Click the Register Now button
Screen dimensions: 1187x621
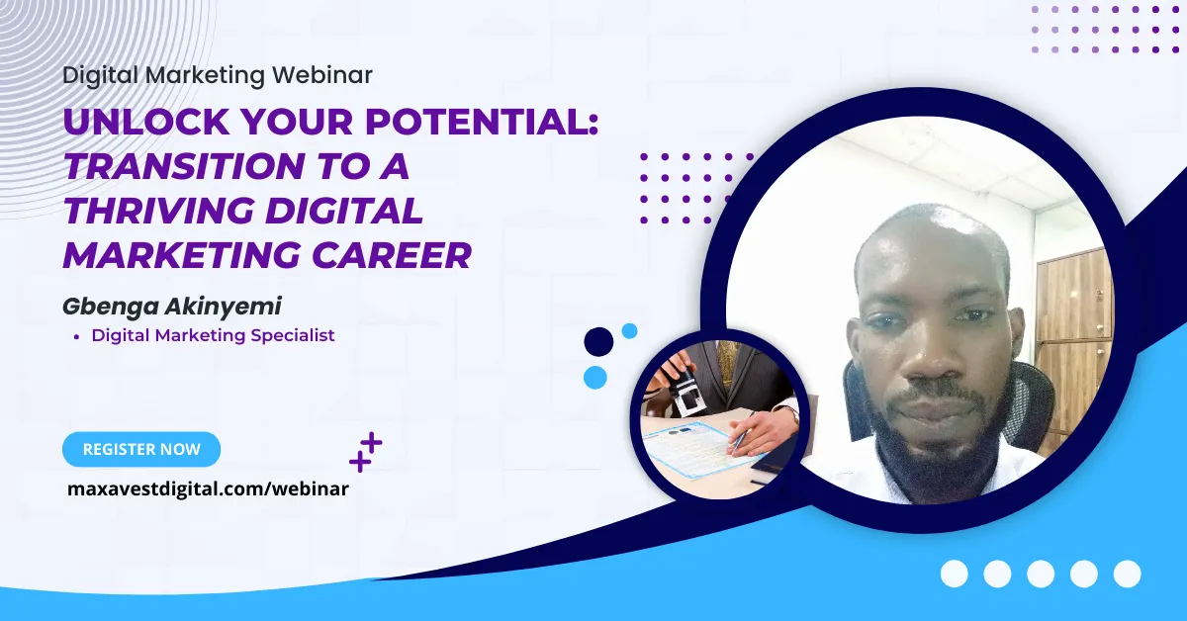click(141, 449)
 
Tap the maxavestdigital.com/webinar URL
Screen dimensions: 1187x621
click(209, 488)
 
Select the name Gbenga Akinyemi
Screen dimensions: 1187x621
click(172, 307)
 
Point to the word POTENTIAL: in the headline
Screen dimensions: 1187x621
click(482, 122)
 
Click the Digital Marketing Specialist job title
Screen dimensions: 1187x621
click(213, 335)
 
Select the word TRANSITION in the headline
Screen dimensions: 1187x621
click(184, 166)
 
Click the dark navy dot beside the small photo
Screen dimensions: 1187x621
click(598, 341)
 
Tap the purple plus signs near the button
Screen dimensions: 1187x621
click(366, 452)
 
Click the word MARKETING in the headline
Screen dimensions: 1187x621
click(183, 255)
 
